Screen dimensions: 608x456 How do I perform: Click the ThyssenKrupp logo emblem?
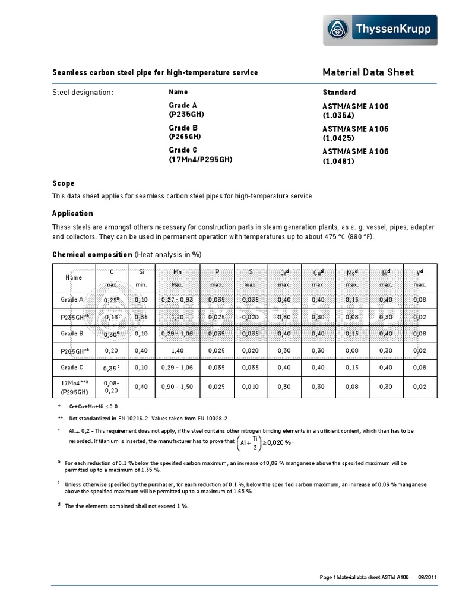338,30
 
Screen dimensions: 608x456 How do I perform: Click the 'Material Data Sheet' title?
368,72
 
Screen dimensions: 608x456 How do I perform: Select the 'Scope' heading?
64,183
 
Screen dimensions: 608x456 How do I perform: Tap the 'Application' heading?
72,213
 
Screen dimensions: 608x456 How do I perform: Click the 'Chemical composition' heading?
92,254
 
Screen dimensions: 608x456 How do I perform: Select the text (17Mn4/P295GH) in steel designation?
201,159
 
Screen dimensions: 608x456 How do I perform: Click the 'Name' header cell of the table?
74,277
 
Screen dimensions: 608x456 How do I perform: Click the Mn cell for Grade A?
177,300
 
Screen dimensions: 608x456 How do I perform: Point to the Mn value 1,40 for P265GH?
177,351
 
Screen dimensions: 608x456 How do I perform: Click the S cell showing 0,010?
251,387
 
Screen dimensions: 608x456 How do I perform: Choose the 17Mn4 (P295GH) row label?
74,387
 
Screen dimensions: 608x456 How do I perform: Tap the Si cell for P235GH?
141,317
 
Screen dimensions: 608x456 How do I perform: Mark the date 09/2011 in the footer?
429,577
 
